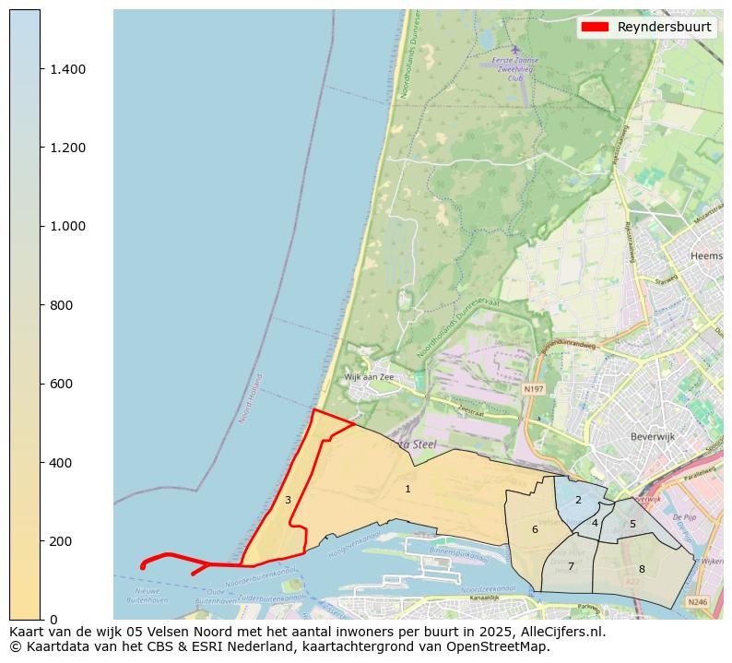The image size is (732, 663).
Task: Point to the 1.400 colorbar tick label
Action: pos(66,69)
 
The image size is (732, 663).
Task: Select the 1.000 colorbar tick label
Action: pos(66,227)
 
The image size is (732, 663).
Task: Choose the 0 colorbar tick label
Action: pos(53,620)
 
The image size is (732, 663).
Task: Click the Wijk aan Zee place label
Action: pos(369,377)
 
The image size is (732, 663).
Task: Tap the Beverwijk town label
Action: pos(654,436)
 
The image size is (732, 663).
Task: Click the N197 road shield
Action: pos(533,389)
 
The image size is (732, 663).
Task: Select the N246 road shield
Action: pos(698,602)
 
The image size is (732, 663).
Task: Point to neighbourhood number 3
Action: pos(288,501)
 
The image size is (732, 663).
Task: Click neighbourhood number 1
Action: pos(407,489)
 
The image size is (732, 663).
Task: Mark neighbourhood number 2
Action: pos(578,500)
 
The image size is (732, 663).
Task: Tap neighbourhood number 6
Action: pos(535,529)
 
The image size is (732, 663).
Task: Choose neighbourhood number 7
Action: pos(571,566)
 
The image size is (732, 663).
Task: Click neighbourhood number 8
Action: pos(642,569)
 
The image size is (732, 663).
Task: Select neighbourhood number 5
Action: pos(632,524)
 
